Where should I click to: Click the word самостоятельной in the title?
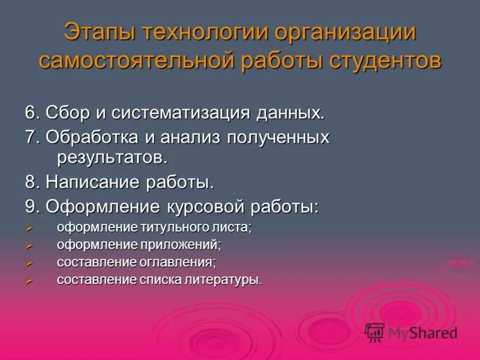tap(137, 61)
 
